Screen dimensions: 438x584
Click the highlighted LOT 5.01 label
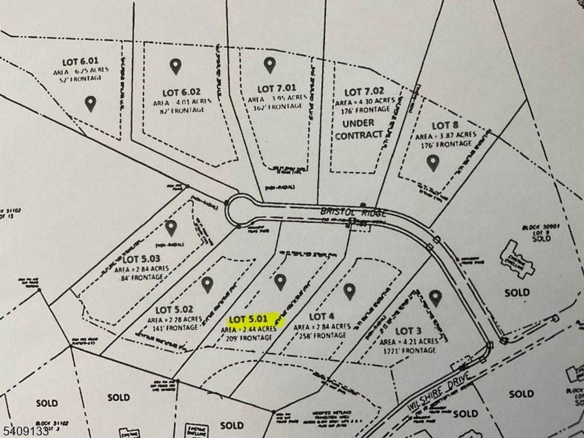(x=248, y=320)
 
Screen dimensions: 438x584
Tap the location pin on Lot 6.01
(x=90, y=103)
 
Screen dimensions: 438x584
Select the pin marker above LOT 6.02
(x=175, y=66)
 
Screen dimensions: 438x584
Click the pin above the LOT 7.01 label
(x=269, y=65)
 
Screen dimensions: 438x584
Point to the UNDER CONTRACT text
(x=359, y=129)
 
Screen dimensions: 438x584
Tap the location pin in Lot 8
(x=433, y=163)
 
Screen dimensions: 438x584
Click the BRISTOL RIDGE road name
(x=354, y=212)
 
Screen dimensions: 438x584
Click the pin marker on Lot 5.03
(x=171, y=228)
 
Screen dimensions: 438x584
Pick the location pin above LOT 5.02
(x=207, y=285)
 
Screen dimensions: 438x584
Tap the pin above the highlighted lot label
(x=279, y=281)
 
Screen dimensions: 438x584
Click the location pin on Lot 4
(x=350, y=291)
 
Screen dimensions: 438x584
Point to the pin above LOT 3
(x=436, y=298)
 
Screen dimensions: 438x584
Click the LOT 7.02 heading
(x=364, y=91)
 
